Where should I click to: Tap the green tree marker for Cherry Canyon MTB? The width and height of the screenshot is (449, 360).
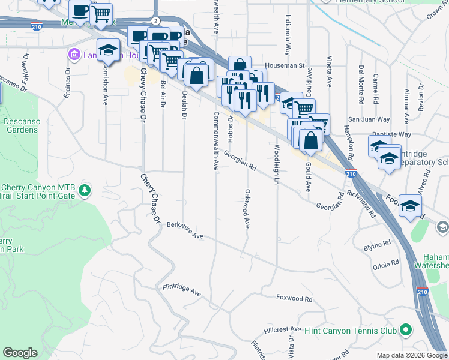[x=85, y=190]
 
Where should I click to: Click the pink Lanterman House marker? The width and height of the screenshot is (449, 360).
[x=75, y=55]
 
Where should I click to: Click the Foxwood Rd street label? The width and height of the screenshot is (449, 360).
[x=294, y=298]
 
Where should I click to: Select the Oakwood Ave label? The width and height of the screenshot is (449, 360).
[x=247, y=209]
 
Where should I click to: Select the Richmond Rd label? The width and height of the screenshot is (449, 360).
[x=367, y=205]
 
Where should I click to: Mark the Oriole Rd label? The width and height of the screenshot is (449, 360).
[x=386, y=264]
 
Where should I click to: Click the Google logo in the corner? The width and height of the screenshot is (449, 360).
[x=20, y=353]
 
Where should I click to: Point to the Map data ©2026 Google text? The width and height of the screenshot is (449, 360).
[x=412, y=355]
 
